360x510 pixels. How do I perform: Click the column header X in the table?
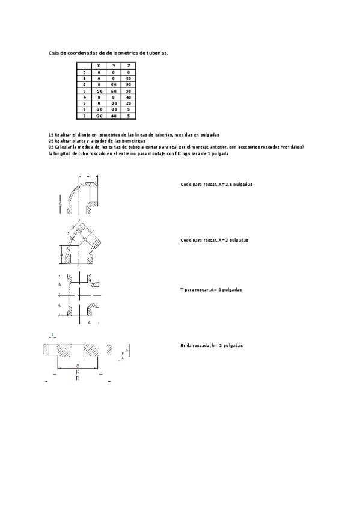coord(99,65)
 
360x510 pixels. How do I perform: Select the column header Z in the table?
coord(129,65)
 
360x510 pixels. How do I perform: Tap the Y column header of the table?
coord(114,65)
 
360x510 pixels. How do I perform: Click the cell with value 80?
coord(129,78)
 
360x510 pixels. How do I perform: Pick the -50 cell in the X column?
coord(99,90)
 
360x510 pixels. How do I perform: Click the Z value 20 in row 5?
coord(129,103)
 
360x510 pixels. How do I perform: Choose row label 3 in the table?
coord(84,90)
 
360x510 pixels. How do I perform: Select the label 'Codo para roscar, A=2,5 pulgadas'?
coord(216,184)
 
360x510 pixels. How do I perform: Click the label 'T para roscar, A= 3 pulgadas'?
coord(210,290)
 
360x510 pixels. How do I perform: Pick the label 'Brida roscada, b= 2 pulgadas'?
coord(211,345)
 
